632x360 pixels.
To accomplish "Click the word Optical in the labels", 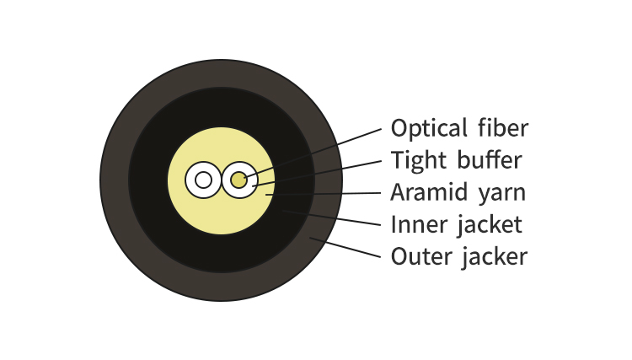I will tap(428, 129).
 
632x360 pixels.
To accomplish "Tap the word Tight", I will tap(418, 160).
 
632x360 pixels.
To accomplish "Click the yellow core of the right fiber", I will tap(239, 180).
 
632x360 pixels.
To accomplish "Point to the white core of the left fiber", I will tap(203, 180).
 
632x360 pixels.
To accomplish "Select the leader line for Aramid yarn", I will tap(337, 194).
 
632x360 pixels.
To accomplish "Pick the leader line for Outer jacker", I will tap(350, 247).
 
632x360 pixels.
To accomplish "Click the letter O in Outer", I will tap(398, 255).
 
